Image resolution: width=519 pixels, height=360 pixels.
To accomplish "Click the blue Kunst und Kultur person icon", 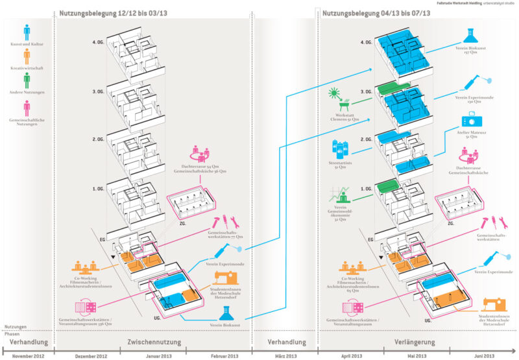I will click(27, 33).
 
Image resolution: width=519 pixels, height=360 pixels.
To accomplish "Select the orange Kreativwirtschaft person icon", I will click(27, 56).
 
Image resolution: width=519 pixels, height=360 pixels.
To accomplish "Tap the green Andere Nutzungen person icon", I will click(27, 80).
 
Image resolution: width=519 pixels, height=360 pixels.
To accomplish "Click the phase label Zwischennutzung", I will click(154, 342).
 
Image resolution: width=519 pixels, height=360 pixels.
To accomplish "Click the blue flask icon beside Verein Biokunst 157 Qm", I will click(472, 36).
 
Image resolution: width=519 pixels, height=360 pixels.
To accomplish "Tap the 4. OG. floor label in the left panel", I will click(99, 43).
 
